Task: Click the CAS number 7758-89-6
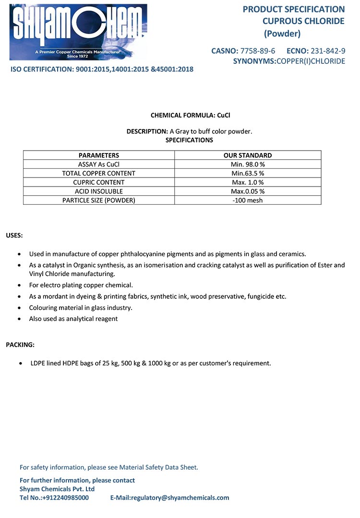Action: [257, 51]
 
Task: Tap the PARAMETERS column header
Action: [99, 155]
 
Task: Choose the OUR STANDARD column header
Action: [248, 155]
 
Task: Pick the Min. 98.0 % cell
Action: [248, 164]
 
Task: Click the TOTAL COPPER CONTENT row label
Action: [99, 173]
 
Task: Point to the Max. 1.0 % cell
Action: [248, 182]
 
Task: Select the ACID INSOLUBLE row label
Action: [99, 191]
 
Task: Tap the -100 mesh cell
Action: [248, 200]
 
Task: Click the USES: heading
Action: [14, 235]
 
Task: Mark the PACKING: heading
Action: [20, 345]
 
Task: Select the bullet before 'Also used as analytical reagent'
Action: [19, 319]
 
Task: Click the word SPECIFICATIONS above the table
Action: [189, 140]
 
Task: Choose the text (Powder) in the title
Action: [282, 34]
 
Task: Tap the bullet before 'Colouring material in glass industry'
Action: [19, 308]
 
